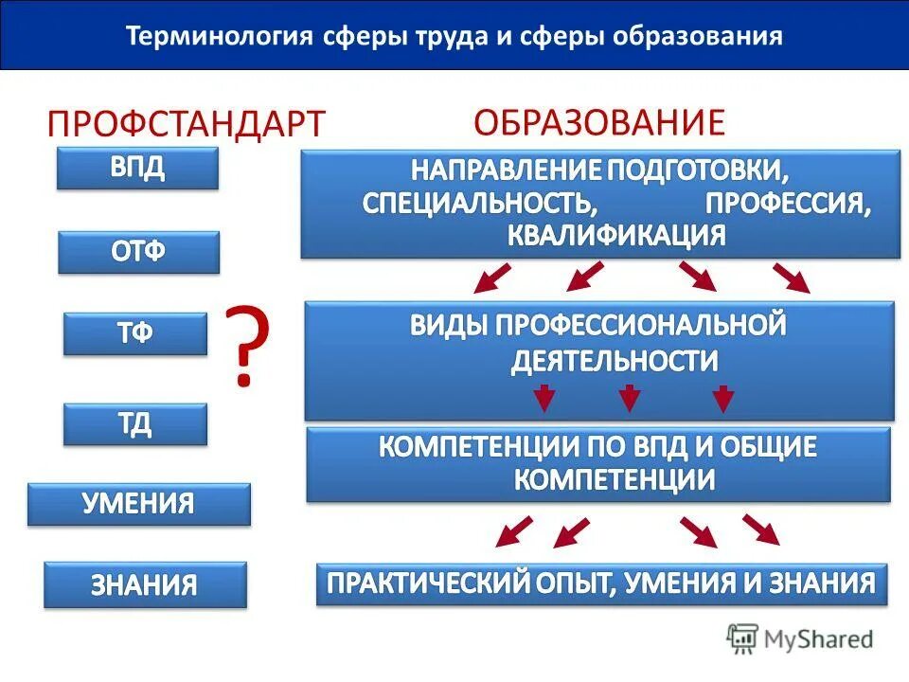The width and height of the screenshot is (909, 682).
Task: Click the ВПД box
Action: [137, 168]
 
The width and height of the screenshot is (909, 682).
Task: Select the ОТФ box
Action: [138, 253]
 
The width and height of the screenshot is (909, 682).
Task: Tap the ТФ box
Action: [135, 333]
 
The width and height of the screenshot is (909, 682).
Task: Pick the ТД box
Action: [135, 423]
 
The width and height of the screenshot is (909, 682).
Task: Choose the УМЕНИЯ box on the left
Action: [138, 504]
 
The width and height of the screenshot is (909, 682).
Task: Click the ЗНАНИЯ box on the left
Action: [144, 584]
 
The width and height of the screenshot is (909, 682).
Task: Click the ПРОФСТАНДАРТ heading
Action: [187, 123]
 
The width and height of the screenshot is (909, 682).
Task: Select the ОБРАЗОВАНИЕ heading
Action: [598, 121]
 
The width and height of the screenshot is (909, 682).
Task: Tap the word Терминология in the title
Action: [220, 37]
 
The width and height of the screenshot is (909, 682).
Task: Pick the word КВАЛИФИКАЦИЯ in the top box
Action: [616, 235]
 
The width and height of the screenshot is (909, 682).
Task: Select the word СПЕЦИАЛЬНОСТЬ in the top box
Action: [479, 204]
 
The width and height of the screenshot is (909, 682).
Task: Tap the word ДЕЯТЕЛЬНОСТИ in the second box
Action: [615, 361]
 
